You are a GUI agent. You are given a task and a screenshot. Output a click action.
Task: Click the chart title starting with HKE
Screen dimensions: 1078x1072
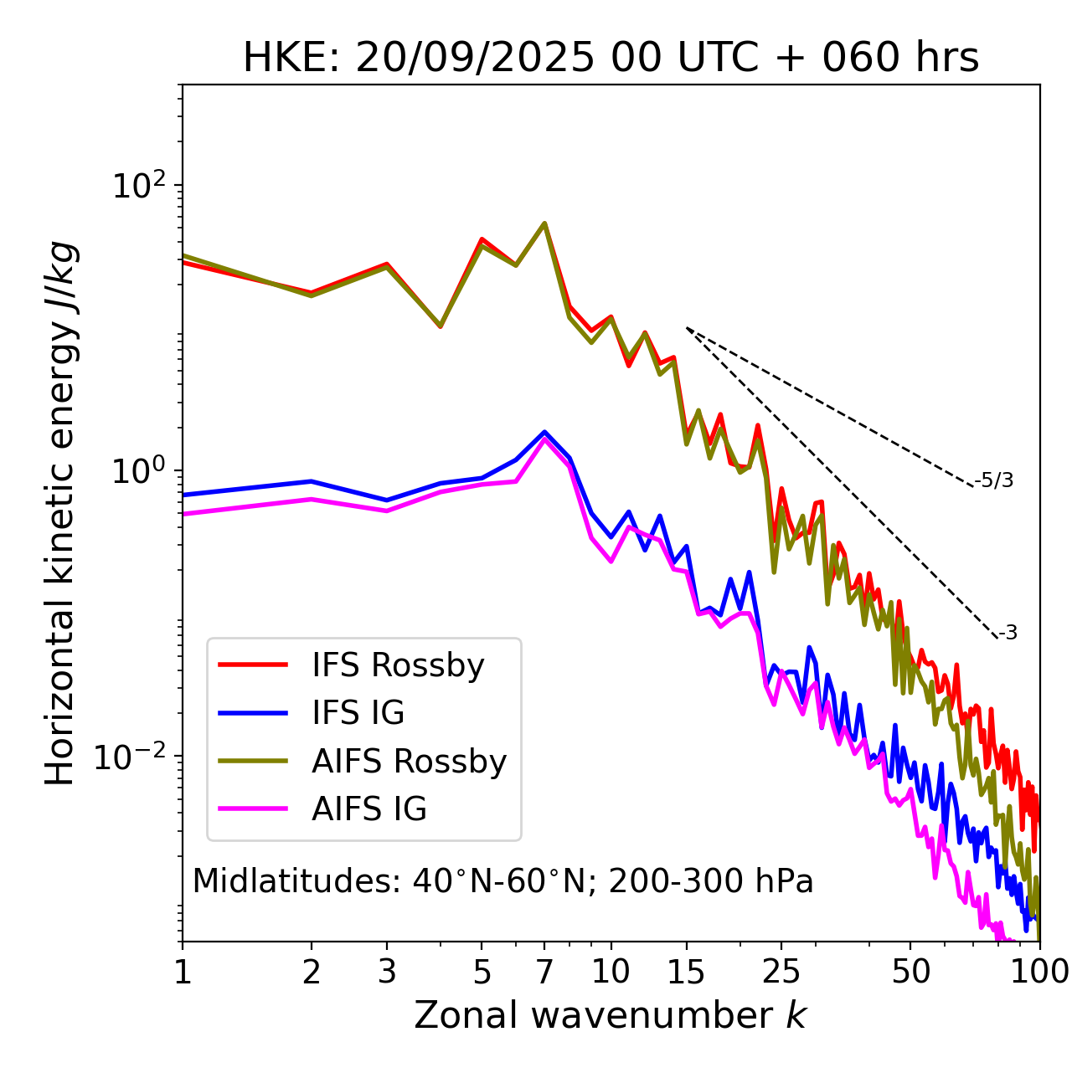[611, 58]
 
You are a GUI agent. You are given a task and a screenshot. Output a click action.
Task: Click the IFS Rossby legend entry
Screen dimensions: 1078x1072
[398, 665]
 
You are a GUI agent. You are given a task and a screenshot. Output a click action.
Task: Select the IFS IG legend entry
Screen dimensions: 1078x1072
[358, 713]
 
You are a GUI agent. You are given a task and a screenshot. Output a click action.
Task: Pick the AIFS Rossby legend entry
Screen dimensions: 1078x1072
[409, 762]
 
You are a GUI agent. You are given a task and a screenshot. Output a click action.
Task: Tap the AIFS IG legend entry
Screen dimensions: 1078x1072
[369, 809]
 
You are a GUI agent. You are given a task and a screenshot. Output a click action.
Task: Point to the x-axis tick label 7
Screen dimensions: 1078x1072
[544, 972]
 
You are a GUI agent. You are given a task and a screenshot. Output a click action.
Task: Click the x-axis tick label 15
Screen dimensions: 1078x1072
[687, 972]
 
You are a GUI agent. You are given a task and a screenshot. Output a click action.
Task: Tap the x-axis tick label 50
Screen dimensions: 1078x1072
[910, 972]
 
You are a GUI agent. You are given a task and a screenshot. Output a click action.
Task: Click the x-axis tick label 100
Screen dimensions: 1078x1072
[1038, 972]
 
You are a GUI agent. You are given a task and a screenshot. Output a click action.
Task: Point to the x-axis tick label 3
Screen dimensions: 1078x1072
[386, 972]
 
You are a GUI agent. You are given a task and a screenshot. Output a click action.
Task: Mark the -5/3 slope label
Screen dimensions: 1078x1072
[994, 481]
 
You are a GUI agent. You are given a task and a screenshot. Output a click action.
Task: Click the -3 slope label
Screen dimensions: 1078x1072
[1008, 634]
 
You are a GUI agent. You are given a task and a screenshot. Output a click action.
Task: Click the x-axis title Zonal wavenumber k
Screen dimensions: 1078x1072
[611, 1015]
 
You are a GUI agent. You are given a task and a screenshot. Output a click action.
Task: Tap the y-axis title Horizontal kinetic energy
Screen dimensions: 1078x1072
[60, 512]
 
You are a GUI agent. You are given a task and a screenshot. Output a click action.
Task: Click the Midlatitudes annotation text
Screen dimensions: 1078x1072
[502, 881]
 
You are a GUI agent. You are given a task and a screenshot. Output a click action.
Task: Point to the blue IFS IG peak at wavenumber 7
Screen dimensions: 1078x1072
[544, 432]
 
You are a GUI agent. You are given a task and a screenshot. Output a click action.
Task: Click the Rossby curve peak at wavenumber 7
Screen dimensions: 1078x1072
[544, 223]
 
